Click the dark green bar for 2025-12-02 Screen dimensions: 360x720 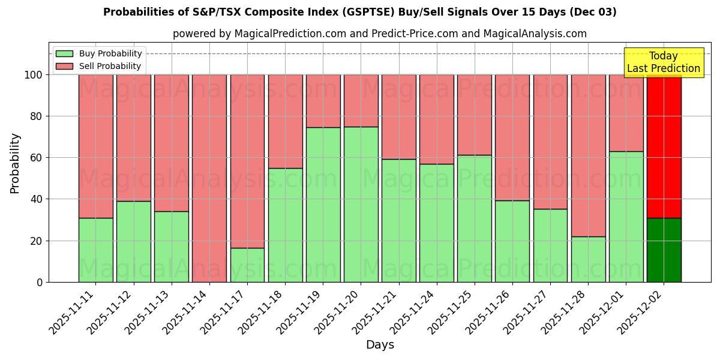coord(664,250)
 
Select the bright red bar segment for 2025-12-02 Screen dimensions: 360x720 coord(664,146)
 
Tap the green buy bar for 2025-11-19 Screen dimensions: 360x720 coord(323,205)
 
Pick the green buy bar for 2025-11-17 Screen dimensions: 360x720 coord(247,265)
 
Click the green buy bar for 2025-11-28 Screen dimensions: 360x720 coord(588,259)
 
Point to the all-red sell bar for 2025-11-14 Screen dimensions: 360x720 coord(209,178)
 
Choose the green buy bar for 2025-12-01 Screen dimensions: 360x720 coord(626,217)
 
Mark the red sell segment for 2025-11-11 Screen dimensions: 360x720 coord(96,146)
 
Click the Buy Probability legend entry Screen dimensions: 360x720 coord(99,53)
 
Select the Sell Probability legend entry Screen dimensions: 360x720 coord(99,66)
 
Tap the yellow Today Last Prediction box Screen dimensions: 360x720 coord(663,62)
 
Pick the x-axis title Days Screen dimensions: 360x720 coord(380,345)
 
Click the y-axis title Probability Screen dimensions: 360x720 coord(15,163)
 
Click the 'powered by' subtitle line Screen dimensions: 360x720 coord(380,34)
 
